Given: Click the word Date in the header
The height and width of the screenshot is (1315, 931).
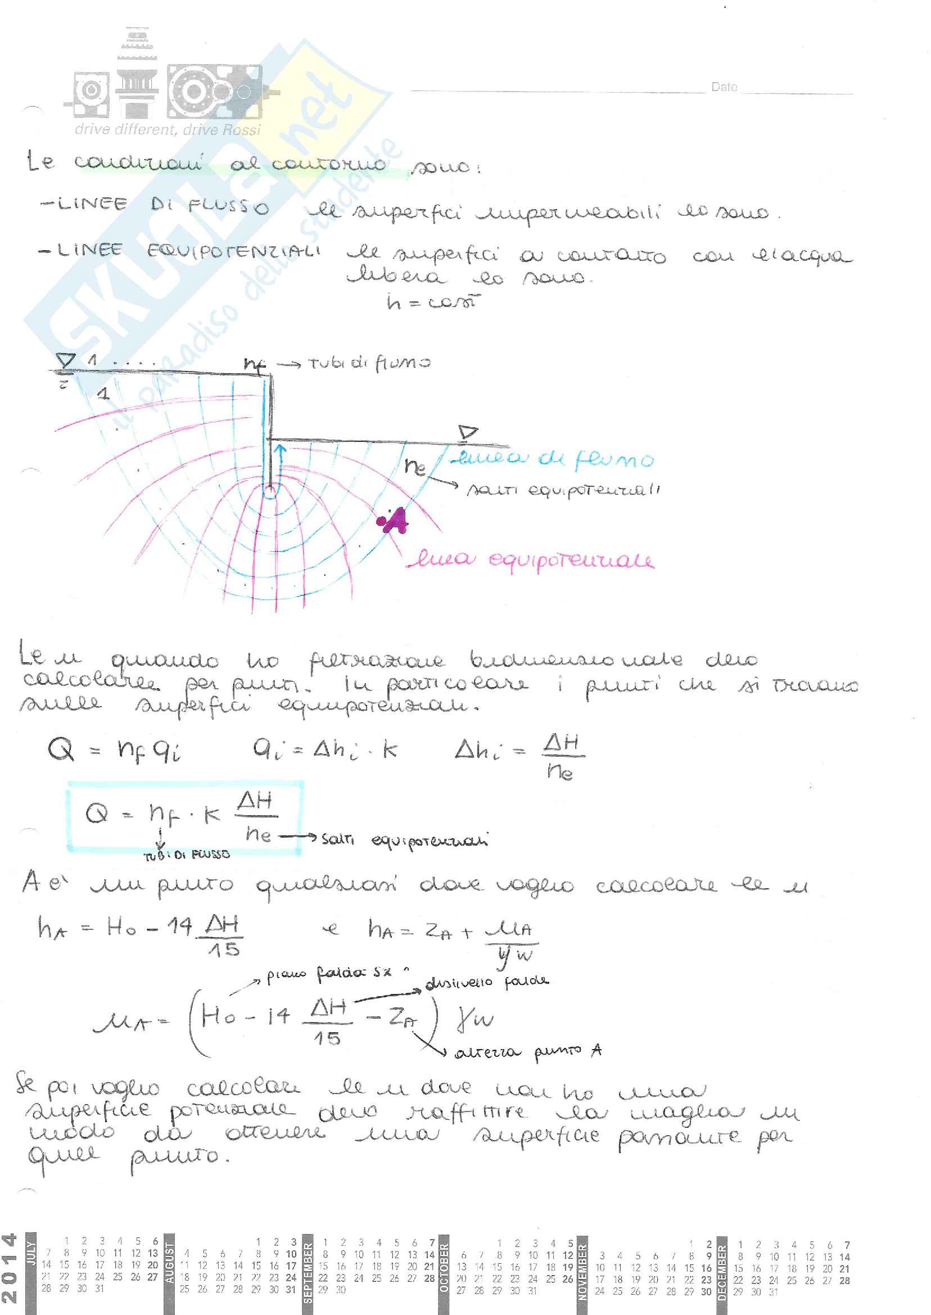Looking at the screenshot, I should pos(724,87).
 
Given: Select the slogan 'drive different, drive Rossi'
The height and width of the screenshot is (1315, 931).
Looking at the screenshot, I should pos(168,129).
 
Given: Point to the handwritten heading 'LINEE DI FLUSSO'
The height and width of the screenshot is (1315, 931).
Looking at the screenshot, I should pos(154,205).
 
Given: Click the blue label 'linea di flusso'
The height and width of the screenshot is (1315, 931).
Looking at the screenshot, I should pos(552,459).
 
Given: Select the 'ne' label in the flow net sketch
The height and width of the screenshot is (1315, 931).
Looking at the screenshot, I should pos(415,466).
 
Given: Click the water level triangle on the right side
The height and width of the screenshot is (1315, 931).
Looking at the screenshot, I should pos(468,432).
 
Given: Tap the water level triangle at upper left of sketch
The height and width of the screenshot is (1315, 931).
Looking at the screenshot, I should pos(66,360).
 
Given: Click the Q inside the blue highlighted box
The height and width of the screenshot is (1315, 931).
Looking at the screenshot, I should pos(96,813).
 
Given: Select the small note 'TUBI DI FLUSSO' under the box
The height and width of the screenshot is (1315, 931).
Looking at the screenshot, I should pos(186,854).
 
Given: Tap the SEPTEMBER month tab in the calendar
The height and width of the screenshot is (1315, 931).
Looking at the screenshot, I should pos(308,1272).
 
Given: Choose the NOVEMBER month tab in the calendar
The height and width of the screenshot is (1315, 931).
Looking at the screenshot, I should pos(582,1272).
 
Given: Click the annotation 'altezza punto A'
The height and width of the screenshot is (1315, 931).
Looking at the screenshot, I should pos(527,1052).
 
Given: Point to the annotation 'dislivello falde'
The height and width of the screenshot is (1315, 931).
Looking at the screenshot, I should pos(487,982).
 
